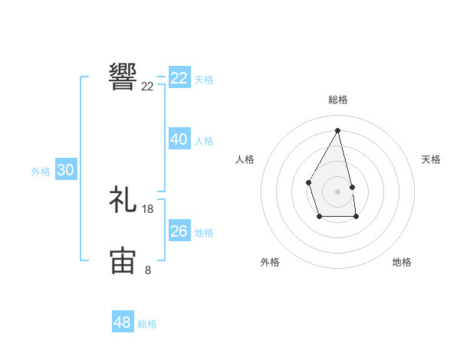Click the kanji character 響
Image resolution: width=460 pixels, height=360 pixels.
(x=123, y=77)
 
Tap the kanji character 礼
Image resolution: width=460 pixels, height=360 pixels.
(x=123, y=199)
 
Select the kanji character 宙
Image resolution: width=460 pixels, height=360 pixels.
(x=123, y=260)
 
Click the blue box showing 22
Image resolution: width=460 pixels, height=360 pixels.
(x=179, y=78)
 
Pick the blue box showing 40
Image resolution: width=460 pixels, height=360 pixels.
(x=179, y=139)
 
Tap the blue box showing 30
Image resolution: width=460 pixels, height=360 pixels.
(x=65, y=170)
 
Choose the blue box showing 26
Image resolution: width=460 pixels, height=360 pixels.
(x=179, y=231)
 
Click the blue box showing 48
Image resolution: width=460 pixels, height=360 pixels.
(x=123, y=322)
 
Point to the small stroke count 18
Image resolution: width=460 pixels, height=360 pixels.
(x=148, y=209)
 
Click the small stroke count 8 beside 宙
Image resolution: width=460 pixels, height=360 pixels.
(x=148, y=270)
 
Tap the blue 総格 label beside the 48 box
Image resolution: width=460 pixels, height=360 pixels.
(x=147, y=324)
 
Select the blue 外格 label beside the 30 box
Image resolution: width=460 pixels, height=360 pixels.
(x=41, y=172)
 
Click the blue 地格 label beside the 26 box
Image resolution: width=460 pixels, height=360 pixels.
(x=204, y=233)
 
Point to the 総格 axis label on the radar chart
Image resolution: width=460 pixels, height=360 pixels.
(x=337, y=100)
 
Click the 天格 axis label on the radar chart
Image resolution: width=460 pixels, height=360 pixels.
(x=431, y=159)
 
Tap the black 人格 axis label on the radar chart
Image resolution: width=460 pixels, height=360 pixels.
(x=245, y=159)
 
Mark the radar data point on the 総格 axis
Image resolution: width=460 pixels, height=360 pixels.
(x=337, y=129)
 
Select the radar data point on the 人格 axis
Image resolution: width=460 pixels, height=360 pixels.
(x=308, y=182)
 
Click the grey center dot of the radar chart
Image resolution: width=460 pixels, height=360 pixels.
(x=337, y=191)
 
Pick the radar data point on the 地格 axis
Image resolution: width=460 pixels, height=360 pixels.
(x=356, y=218)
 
